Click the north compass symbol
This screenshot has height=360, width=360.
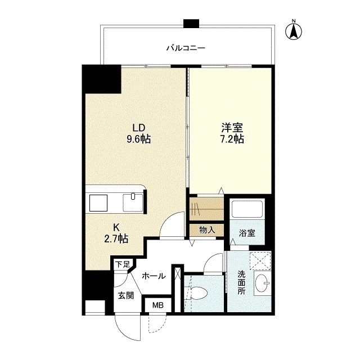[293, 31]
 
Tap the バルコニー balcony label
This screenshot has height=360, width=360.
[186, 48]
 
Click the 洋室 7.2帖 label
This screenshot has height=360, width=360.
[231, 133]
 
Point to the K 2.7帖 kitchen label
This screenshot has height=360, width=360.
[116, 233]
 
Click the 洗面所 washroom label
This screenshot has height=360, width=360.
[241, 282]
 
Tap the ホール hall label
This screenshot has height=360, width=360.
[153, 276]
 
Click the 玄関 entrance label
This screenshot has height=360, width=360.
[125, 296]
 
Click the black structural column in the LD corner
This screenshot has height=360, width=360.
[102, 79]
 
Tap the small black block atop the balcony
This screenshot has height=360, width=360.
[191, 24]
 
